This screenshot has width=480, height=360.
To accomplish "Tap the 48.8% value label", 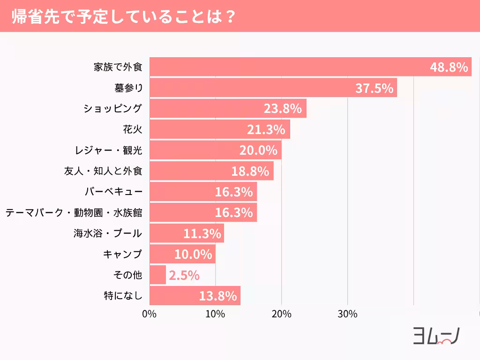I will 449,67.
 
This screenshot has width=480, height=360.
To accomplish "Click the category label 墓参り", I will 128,88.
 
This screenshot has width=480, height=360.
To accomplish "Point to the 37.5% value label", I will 374,88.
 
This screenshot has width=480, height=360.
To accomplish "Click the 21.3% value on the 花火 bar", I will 266,129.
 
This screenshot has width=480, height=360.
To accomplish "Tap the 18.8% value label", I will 250,171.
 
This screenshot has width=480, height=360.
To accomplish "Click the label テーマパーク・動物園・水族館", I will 74,212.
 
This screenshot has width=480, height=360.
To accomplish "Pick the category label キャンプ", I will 122,254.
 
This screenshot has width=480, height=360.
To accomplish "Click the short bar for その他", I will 158,275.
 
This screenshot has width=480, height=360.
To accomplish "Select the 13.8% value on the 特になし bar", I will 217,296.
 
